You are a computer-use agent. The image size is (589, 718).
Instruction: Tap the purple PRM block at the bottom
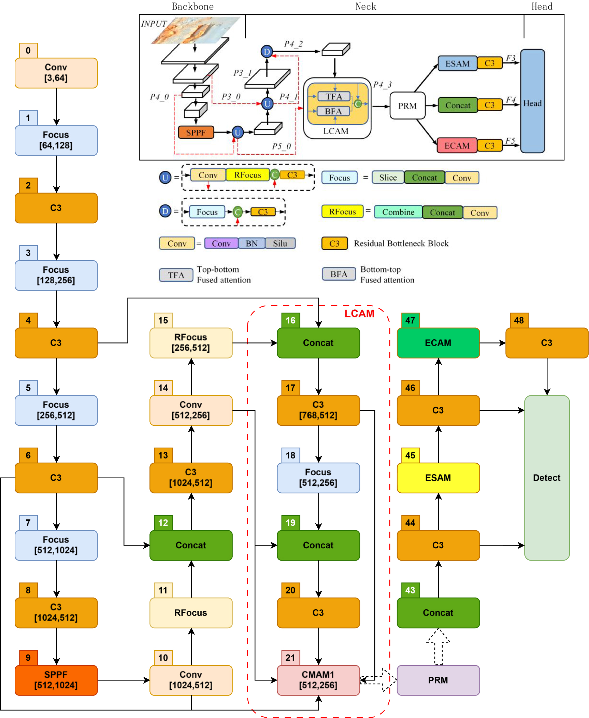tap(438, 680)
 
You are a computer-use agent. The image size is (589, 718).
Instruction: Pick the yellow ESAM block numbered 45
tap(438, 477)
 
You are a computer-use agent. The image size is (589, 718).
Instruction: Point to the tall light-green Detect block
tap(546, 477)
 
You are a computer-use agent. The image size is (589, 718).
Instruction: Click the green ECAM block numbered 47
tap(438, 342)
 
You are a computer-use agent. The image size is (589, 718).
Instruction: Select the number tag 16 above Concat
tap(290, 320)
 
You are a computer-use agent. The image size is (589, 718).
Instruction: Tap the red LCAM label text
tap(359, 313)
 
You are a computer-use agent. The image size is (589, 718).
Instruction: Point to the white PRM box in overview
tap(407, 105)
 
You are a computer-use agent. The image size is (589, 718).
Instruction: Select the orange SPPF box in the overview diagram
tap(196, 132)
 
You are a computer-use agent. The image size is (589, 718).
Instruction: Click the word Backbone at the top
tap(192, 6)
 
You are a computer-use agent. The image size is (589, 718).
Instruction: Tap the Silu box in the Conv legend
tap(280, 243)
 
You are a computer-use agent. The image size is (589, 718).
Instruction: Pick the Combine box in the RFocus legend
tap(398, 212)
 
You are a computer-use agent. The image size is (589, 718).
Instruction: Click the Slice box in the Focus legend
tap(388, 178)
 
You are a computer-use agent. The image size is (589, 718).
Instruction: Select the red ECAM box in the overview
tap(457, 146)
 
